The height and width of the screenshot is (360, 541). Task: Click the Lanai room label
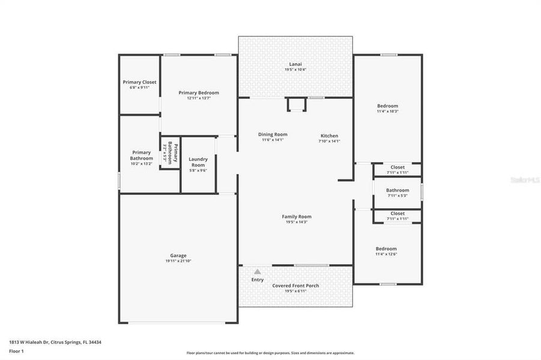tap(295, 64)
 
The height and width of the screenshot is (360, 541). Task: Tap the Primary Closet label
tap(139, 82)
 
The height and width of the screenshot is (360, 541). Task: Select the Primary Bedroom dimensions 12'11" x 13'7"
tap(199, 98)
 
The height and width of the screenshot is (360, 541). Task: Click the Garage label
tap(178, 255)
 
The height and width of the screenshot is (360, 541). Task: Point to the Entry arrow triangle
tap(258, 272)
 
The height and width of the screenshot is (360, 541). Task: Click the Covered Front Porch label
tap(295, 286)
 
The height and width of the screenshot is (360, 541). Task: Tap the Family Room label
tap(297, 217)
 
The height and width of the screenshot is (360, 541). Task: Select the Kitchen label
tap(329, 136)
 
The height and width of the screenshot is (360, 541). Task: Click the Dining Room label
tap(273, 134)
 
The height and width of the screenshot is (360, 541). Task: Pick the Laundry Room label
tap(198, 162)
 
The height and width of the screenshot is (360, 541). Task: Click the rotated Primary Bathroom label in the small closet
tap(170, 153)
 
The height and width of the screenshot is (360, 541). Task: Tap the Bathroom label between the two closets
tap(397, 190)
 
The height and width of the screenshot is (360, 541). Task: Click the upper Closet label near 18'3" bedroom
tap(397, 167)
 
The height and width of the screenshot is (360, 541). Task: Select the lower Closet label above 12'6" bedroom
tap(397, 213)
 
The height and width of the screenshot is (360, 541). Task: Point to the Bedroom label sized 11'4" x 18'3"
tap(387, 106)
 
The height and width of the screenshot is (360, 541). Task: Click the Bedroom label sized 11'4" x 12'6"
tap(386, 248)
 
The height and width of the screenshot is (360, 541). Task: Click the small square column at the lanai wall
tap(297, 105)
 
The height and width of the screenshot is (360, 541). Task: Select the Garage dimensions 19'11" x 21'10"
tap(178, 261)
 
